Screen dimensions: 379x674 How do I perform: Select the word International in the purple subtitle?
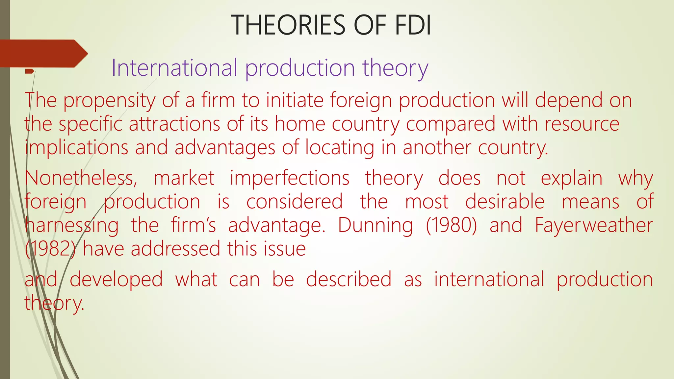pyautogui.click(x=174, y=68)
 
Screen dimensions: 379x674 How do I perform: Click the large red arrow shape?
pyautogui.click(x=43, y=53)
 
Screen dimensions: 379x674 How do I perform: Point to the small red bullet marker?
pyautogui.click(x=30, y=71)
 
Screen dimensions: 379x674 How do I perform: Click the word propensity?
pyautogui.click(x=109, y=101)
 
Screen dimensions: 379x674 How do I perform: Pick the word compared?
pyautogui.click(x=451, y=124)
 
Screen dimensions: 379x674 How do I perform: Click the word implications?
pyautogui.click(x=76, y=148)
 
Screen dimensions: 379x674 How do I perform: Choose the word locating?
pyautogui.click(x=340, y=148)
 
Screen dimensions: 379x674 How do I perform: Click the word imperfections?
pyautogui.click(x=290, y=178)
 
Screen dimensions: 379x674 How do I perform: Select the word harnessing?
pyautogui.click(x=72, y=226)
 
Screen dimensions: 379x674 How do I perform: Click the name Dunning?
pyautogui.click(x=376, y=225)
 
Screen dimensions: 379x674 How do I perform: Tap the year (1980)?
pyautogui.click(x=451, y=225)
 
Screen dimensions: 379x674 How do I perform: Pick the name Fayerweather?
pyautogui.click(x=594, y=225)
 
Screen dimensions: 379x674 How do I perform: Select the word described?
pyautogui.click(x=349, y=279)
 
